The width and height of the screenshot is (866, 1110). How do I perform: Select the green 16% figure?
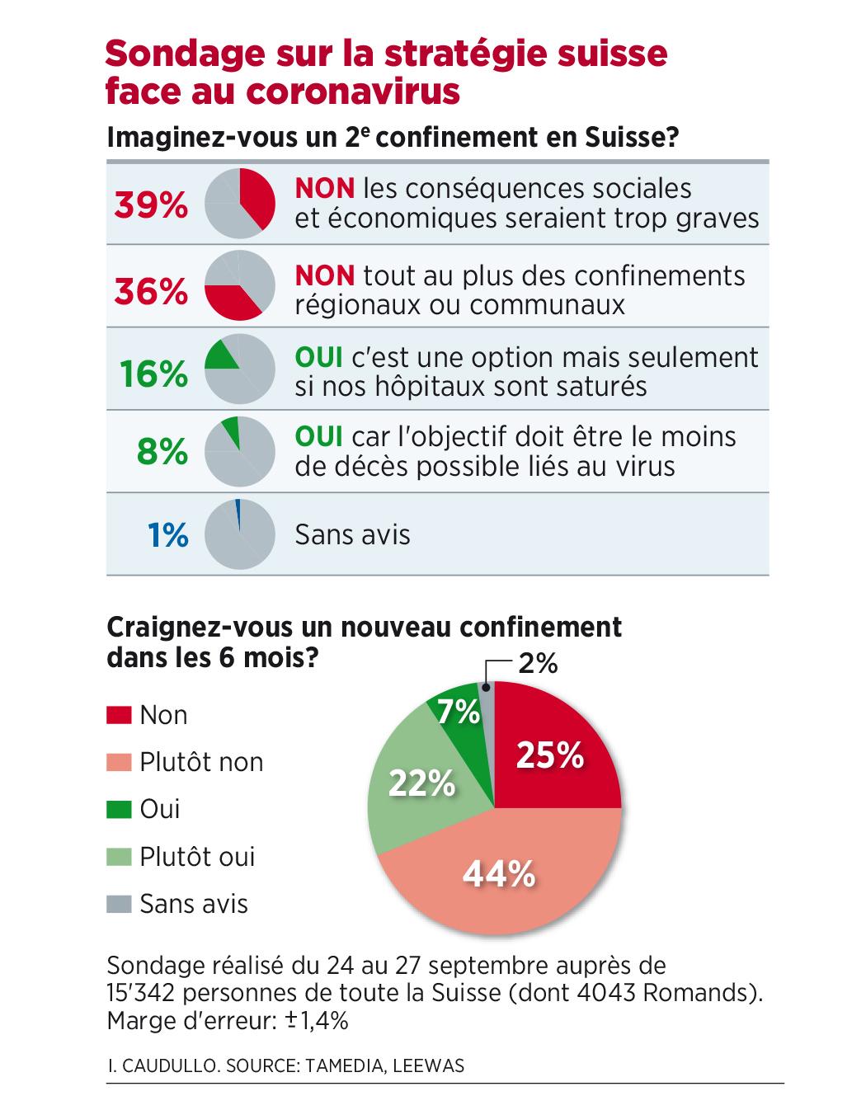point(154,374)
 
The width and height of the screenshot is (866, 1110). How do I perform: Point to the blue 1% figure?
point(168,535)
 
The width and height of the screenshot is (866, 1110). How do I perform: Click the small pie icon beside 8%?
point(238,451)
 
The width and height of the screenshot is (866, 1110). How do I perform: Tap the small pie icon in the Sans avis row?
point(238,534)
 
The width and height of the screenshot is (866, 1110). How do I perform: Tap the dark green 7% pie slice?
point(459,710)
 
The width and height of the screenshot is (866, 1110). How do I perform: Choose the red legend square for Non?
point(119,715)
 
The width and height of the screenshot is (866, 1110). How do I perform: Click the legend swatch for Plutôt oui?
point(119,857)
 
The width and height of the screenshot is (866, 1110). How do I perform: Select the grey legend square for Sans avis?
point(119,904)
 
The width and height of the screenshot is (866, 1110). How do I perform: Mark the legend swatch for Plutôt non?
point(119,762)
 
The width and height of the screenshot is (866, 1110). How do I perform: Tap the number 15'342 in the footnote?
point(145,992)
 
